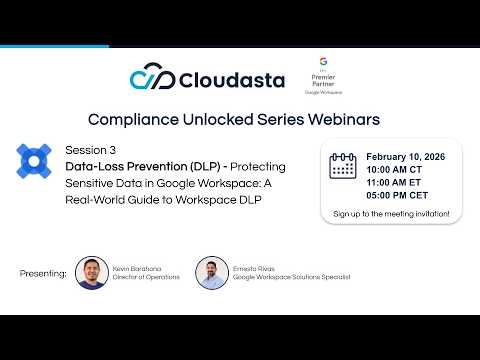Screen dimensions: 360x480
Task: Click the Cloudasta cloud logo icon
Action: point(153,78)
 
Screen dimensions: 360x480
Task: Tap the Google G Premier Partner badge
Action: point(323,76)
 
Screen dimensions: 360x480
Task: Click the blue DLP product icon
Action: point(34,160)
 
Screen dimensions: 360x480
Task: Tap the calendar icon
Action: point(343,166)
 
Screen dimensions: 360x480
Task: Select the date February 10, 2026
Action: point(406,157)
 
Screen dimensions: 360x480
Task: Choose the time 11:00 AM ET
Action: point(398,183)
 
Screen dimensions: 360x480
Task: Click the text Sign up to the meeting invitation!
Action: point(391,213)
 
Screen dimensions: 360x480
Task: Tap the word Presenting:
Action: point(43,273)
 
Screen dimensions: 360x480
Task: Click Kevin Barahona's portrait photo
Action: point(92,273)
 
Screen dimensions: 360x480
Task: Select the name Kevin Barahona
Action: point(139,268)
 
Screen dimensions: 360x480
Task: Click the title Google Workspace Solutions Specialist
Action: point(292,277)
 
